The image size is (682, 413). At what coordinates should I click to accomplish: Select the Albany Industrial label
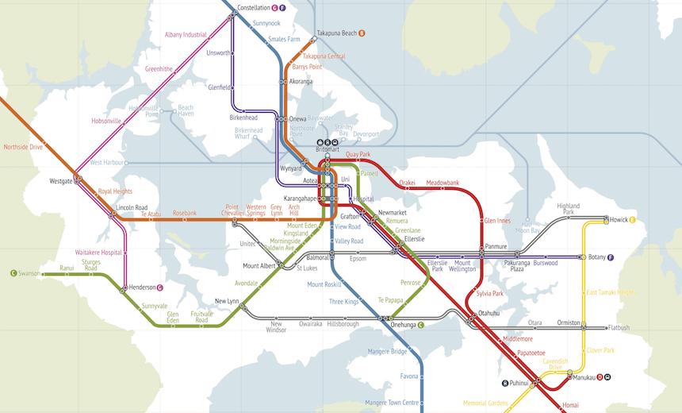point(185,35)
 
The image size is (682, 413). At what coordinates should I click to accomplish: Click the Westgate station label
point(61,181)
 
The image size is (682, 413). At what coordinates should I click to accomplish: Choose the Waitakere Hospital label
point(98,252)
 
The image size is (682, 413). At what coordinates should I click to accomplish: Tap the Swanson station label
point(29,273)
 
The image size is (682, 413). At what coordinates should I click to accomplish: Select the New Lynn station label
point(227,301)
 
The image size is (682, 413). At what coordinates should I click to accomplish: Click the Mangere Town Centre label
point(391,403)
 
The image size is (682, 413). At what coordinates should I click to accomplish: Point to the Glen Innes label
point(497,221)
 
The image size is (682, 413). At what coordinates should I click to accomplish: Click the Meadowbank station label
point(443,183)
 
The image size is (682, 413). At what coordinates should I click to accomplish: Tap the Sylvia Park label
point(489,294)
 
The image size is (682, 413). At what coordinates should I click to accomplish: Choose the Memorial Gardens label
point(485,403)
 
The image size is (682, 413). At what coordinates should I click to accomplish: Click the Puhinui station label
point(519,383)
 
